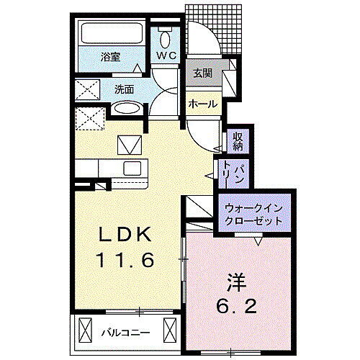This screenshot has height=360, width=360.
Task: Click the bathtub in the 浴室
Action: [111, 35]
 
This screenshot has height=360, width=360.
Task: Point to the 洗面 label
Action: [124, 90]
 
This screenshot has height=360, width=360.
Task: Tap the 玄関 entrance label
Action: [202, 73]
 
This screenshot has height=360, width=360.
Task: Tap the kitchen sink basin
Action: [134, 168]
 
